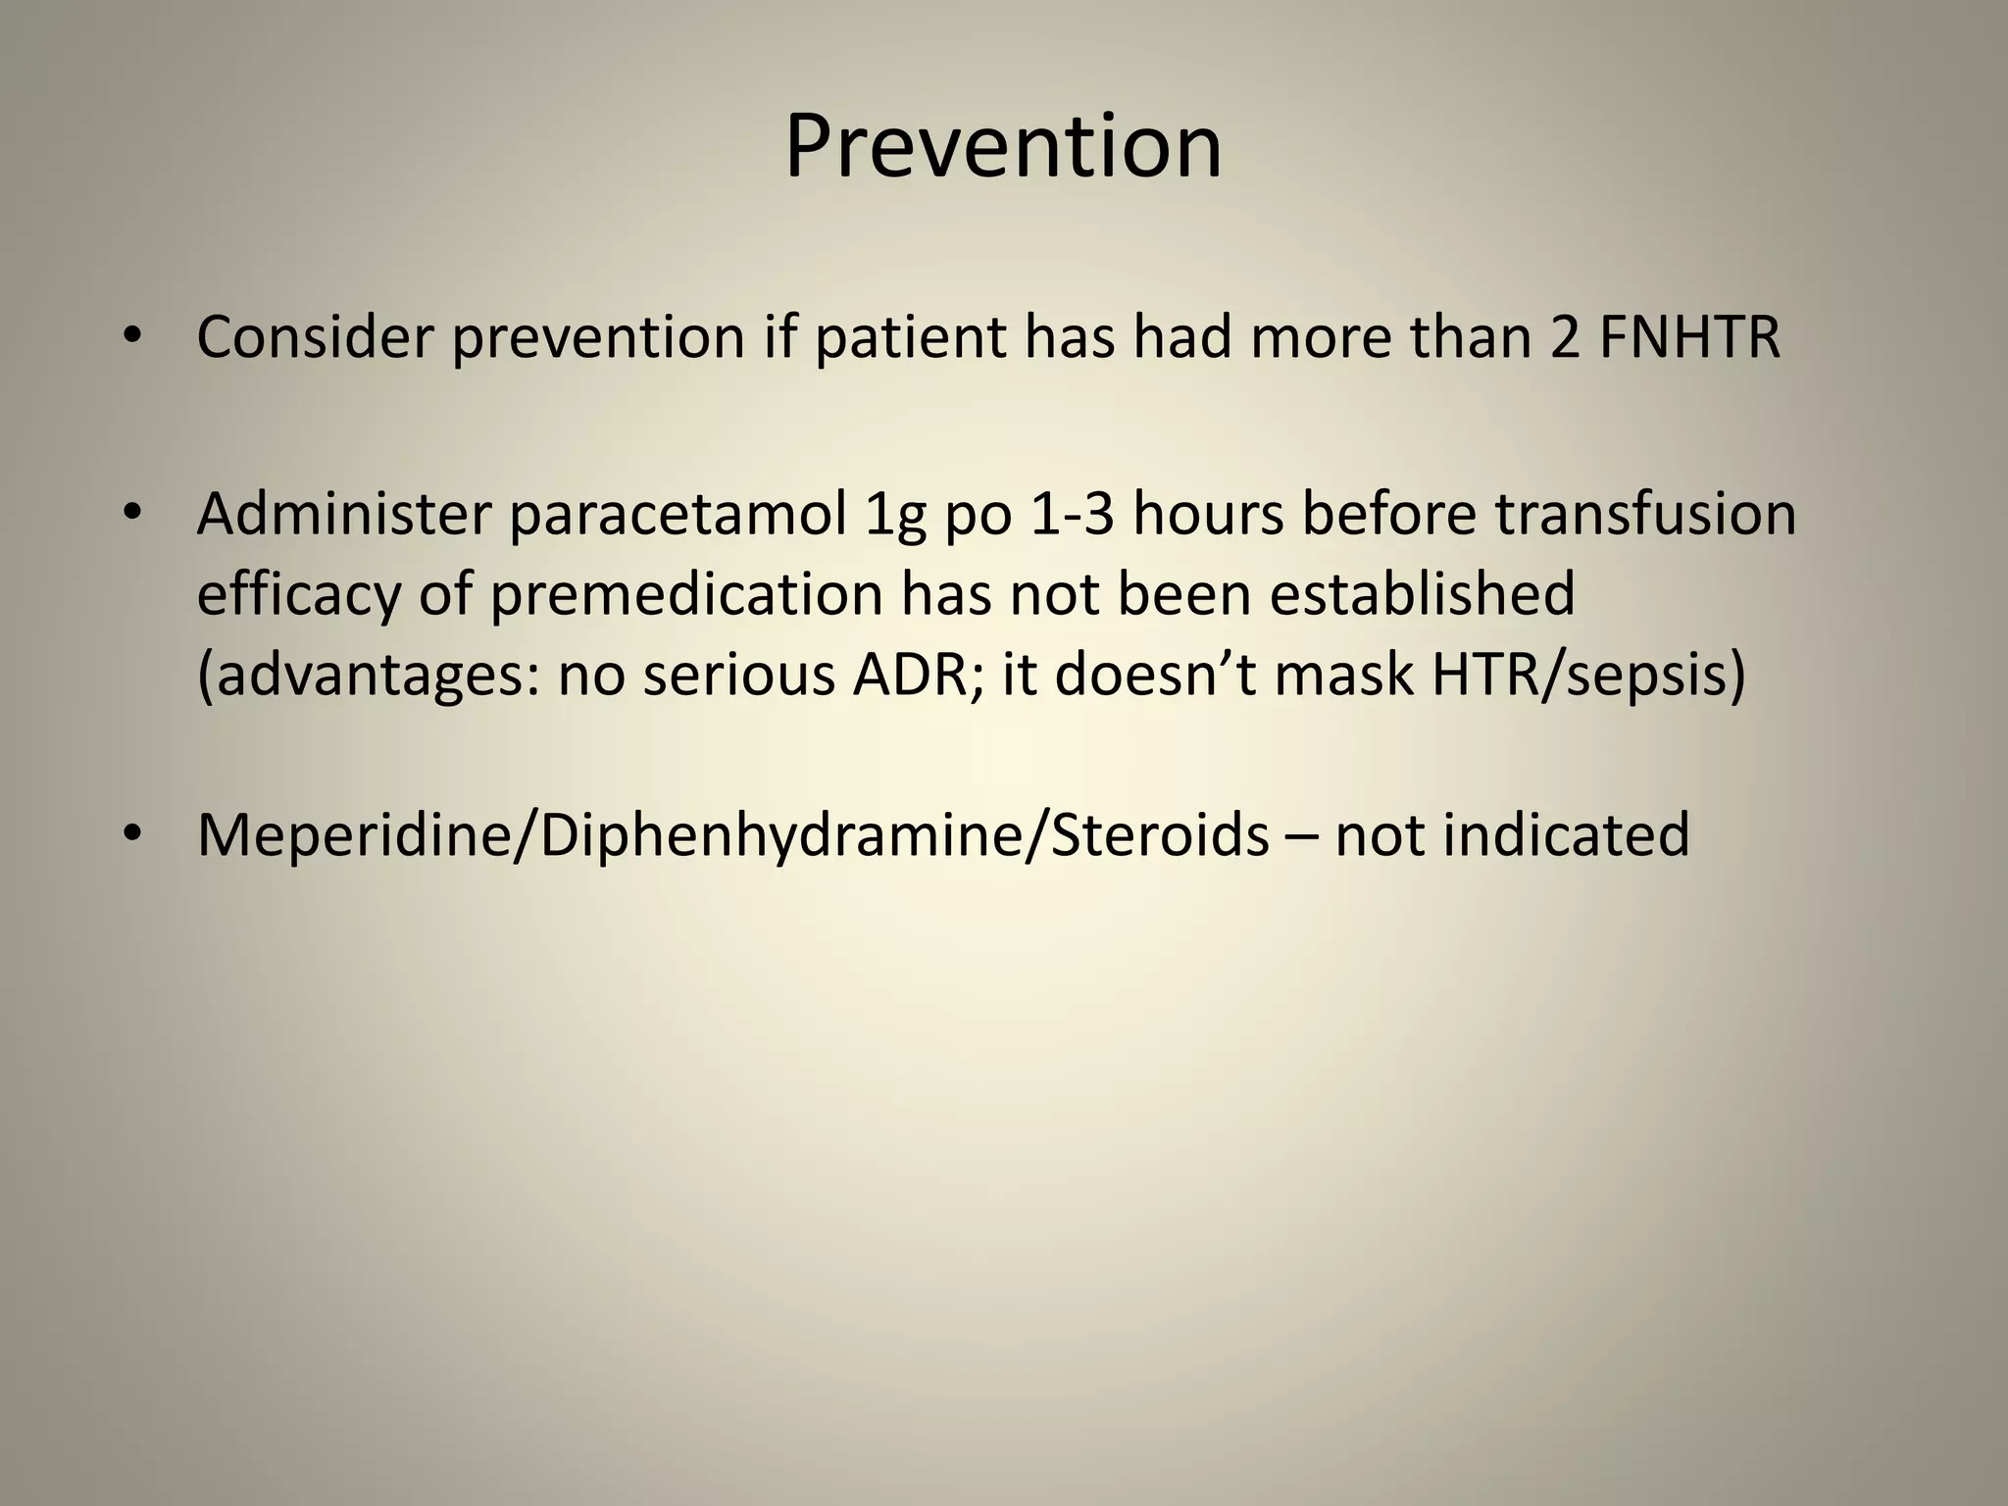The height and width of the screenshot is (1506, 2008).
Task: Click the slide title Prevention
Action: pos(1003,147)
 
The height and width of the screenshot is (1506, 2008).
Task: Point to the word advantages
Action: pos(368,678)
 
